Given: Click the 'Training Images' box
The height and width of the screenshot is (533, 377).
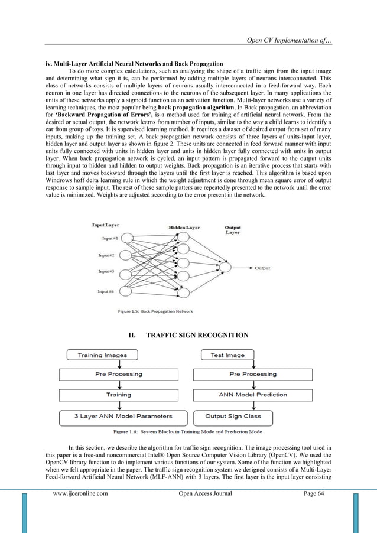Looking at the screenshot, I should pos(102,355).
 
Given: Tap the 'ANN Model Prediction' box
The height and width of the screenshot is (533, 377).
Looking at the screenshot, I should pos(253,394).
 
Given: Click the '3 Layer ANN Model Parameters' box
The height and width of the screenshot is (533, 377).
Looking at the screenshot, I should pos(119,416).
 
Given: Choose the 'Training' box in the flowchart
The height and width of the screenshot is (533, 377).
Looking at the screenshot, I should pos(119,394).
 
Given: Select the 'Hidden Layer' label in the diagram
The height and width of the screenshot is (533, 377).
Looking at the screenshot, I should pos(184,227).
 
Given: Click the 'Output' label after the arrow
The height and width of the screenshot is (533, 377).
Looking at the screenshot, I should pos(263,268).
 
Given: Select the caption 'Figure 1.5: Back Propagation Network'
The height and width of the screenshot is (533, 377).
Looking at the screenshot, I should pos(155,311).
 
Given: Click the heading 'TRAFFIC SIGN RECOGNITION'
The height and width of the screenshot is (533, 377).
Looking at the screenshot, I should pos(188,335).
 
